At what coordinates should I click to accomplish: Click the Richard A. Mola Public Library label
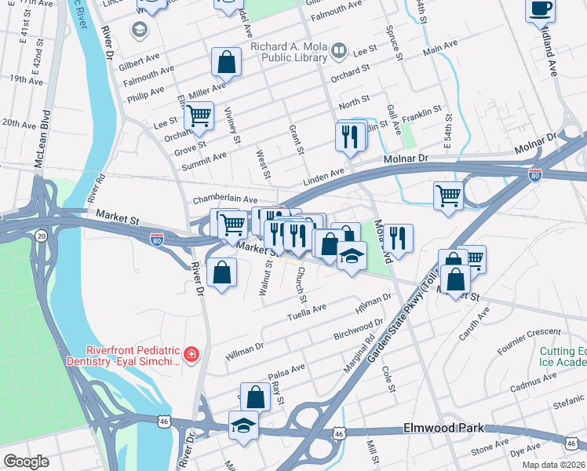tap(289, 52)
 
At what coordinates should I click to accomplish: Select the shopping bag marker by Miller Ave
tap(226, 64)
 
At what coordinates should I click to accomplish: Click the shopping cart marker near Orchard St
tap(199, 116)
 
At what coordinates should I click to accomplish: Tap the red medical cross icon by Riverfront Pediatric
tap(190, 356)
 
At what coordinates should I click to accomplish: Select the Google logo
tap(26, 462)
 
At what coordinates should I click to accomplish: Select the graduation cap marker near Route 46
tap(243, 426)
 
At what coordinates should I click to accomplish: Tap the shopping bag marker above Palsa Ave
tap(255, 396)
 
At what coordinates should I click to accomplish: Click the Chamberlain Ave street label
tap(225, 201)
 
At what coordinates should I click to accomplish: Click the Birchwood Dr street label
tap(357, 328)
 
